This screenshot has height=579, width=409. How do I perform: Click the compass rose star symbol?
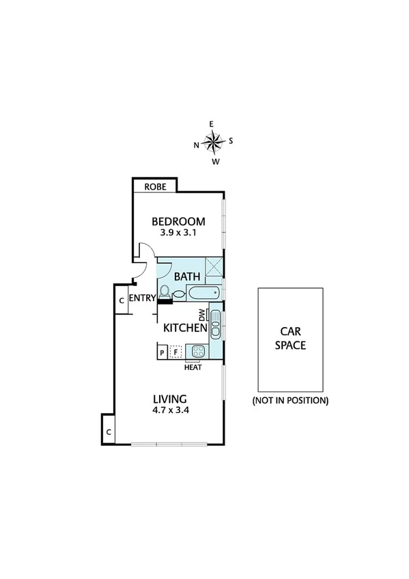point(214,143)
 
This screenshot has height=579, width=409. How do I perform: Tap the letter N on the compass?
point(197,145)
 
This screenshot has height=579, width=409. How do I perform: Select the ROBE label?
point(154,186)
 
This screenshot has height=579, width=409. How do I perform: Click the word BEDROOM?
point(178,221)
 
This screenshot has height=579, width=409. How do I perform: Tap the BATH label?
point(187,277)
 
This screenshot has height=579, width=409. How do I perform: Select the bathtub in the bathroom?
point(203,294)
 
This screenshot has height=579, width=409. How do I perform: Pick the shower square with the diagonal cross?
point(215,267)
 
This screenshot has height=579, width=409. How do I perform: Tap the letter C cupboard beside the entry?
point(121,300)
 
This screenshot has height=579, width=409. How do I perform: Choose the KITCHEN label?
point(185,328)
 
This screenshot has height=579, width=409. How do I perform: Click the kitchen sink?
point(215,324)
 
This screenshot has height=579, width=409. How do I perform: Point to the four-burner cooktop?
point(198,352)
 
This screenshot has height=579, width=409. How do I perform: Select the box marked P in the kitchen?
point(162,353)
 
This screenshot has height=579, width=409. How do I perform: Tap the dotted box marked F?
point(176,353)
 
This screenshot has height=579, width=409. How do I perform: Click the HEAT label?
point(193,367)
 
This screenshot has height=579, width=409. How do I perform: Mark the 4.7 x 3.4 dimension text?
point(170,411)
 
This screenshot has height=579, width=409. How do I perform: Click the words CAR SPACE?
point(290,338)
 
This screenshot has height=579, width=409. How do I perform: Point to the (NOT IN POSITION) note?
point(290,400)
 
